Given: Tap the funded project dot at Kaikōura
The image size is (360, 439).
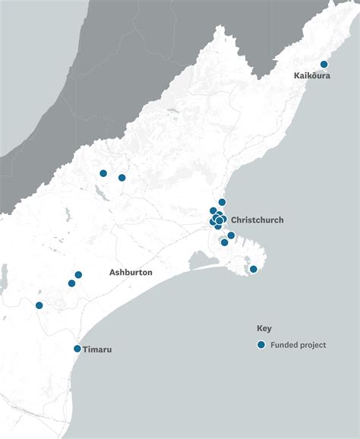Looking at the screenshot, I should coord(324,65).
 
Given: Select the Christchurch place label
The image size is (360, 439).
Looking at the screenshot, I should coord(257,220).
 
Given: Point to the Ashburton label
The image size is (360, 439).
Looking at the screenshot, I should coord(131,272).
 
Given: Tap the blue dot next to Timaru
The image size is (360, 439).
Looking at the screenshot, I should coord(77,349).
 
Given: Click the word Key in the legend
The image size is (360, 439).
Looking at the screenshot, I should coord(264,329).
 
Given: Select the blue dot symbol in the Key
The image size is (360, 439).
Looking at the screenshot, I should coord(261,345).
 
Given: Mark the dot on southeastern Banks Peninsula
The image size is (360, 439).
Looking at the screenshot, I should coord(254,269).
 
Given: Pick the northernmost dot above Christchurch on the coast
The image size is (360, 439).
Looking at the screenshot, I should coord(222,202).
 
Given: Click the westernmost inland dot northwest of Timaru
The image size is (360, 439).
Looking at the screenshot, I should coord(39,305).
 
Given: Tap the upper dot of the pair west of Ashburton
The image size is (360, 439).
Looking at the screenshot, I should coord(78,275).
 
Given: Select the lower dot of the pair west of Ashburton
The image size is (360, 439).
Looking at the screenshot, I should coord(71,283).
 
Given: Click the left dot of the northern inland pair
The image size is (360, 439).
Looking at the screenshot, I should coord(103,173).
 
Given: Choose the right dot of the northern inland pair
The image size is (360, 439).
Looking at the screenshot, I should coord(122,178).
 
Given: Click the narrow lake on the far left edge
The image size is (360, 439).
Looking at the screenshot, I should coord(3,277).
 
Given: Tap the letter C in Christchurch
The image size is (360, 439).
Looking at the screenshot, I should coord(234,220).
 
